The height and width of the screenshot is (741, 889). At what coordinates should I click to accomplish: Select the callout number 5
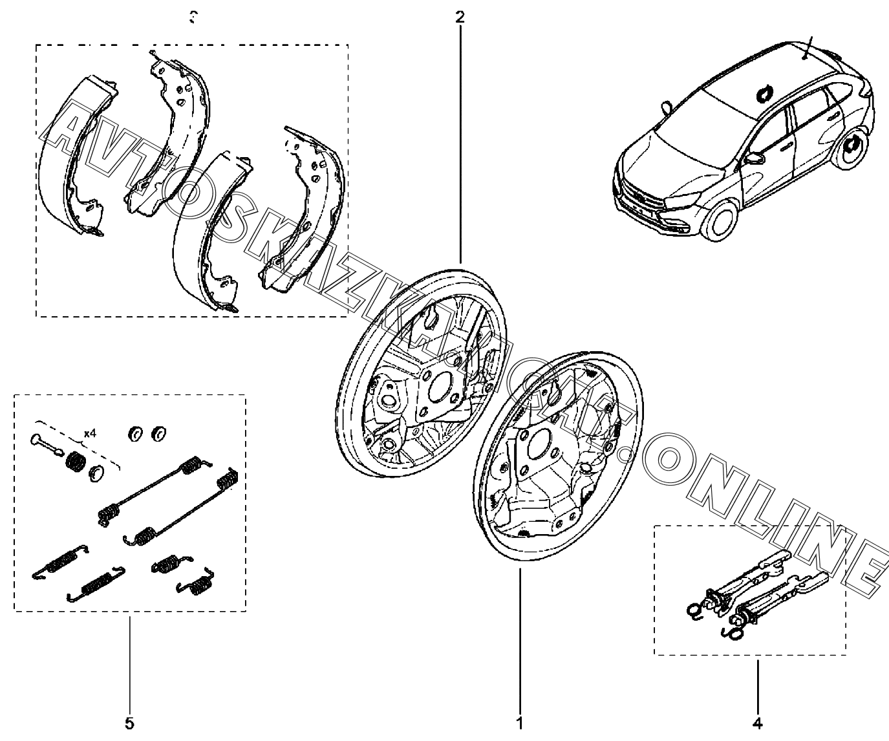[129, 722]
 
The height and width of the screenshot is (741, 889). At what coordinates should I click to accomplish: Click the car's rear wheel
[853, 150]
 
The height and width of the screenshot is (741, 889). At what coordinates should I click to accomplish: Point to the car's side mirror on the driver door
[753, 158]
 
